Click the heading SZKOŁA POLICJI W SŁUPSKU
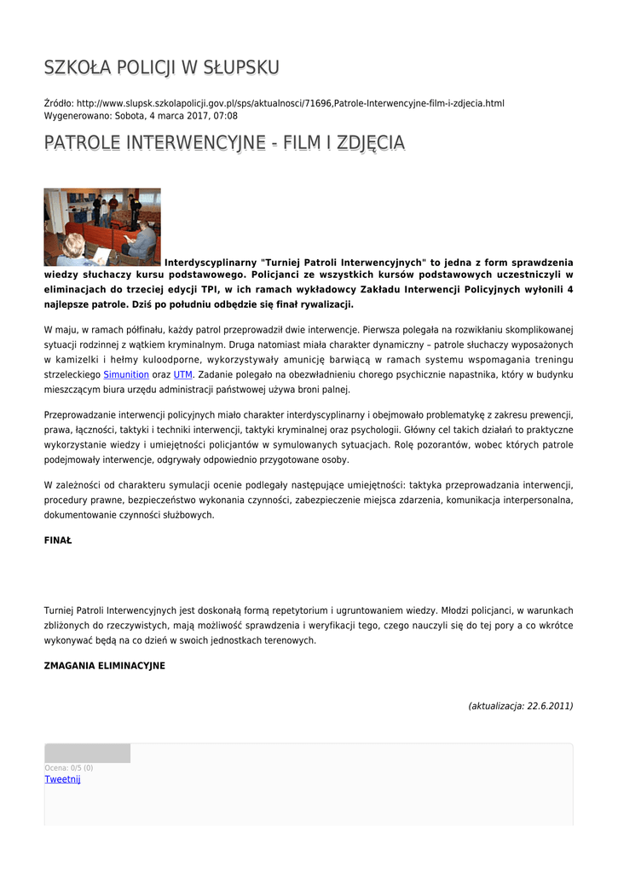tap(161, 67)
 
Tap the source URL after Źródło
tap(290, 103)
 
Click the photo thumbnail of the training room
tap(102, 227)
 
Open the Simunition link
tap(125, 374)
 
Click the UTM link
tap(182, 374)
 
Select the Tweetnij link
tap(62, 779)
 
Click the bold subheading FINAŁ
tap(58, 541)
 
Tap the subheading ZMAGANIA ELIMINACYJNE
tap(104, 665)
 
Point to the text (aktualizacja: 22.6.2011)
tap(520, 706)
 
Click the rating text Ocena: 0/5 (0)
tap(69, 768)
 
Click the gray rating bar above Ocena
tap(87, 753)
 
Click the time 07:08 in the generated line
tap(226, 115)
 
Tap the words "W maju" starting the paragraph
tap(59, 329)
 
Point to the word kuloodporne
tap(169, 360)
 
